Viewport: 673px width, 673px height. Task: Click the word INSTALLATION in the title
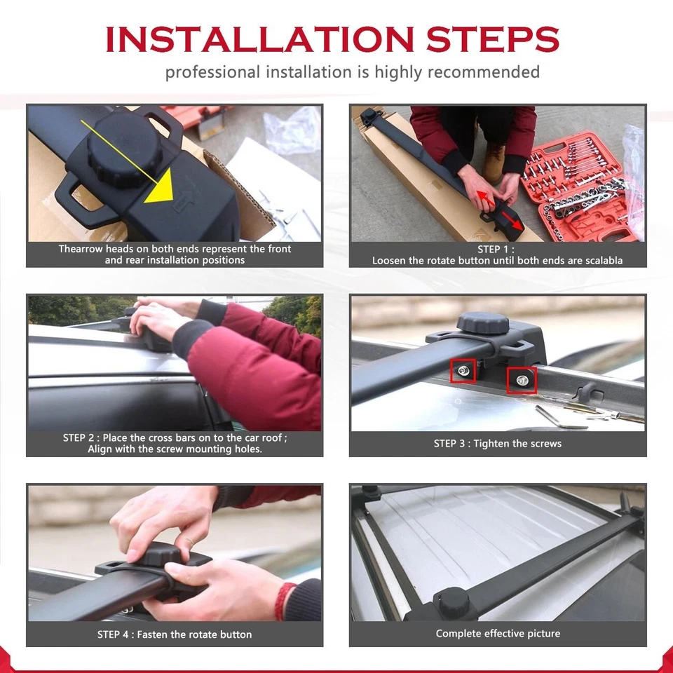pos(259,39)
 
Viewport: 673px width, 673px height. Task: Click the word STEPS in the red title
pos(492,39)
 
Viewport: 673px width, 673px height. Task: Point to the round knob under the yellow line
pos(125,148)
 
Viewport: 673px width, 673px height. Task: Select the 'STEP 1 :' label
pos(496,250)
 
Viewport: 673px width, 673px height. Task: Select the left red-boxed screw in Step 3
pos(463,370)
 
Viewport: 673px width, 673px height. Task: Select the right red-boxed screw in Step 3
pos(522,380)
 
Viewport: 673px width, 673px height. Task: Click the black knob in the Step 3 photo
pos(483,322)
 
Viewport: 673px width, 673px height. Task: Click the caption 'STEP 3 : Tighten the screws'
pos(498,443)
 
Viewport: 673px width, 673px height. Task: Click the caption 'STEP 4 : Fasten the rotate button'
pos(175,634)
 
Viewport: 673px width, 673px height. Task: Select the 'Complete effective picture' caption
pos(498,634)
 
